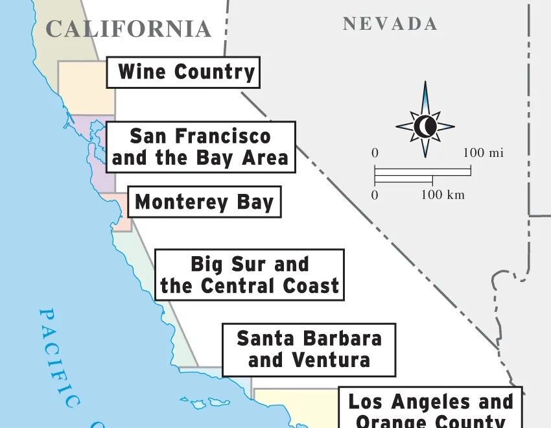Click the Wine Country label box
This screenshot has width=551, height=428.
(x=183, y=72)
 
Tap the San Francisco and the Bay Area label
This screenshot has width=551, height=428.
(x=200, y=147)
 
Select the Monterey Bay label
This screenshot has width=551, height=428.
(x=204, y=202)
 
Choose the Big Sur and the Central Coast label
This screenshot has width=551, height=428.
(x=250, y=275)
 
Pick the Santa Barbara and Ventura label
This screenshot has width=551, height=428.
(x=309, y=349)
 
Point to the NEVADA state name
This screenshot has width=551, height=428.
(x=390, y=25)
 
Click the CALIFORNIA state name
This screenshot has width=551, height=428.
(x=129, y=29)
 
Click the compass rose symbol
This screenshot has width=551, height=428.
(x=425, y=121)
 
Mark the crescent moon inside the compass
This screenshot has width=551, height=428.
(x=425, y=126)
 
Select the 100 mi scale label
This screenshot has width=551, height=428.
(x=483, y=154)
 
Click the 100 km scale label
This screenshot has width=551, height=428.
(x=443, y=195)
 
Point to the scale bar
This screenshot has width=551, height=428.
(x=422, y=175)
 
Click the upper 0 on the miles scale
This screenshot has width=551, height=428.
(x=375, y=154)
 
